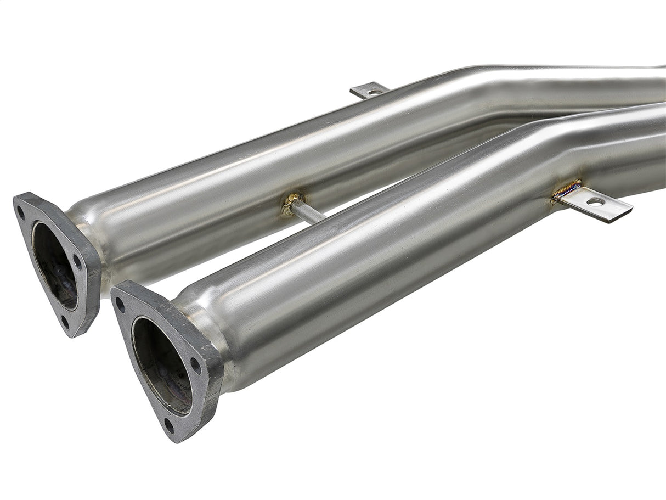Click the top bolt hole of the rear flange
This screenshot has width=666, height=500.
point(22,209)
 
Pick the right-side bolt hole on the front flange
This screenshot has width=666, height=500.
point(195,367)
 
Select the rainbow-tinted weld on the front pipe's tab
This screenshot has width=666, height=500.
point(567,190)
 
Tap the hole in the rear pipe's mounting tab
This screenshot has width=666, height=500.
point(373,92)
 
